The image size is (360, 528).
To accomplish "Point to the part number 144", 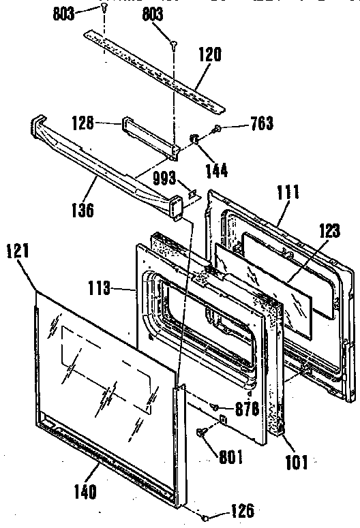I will (217, 170).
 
